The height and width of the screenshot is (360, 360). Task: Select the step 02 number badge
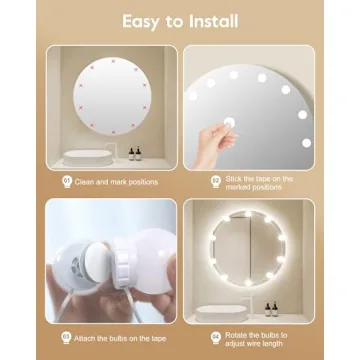pos(215,181)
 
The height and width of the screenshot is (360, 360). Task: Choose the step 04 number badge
pos(215,335)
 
